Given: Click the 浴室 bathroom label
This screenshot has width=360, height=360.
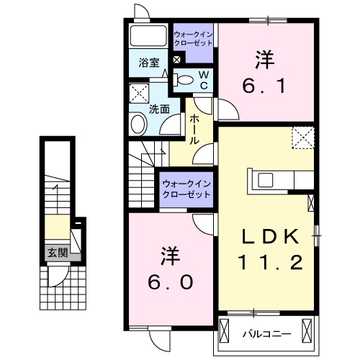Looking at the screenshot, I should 148,63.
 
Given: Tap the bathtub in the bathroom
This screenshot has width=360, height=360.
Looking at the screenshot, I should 149,36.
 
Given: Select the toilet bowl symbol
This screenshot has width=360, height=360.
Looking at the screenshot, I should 185,80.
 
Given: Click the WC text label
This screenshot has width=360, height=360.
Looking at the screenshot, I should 204,80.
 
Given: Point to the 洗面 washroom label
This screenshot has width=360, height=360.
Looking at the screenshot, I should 159,109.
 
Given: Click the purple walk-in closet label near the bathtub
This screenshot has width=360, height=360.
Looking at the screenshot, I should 193,38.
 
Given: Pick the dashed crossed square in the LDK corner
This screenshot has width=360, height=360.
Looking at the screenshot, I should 303,137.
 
